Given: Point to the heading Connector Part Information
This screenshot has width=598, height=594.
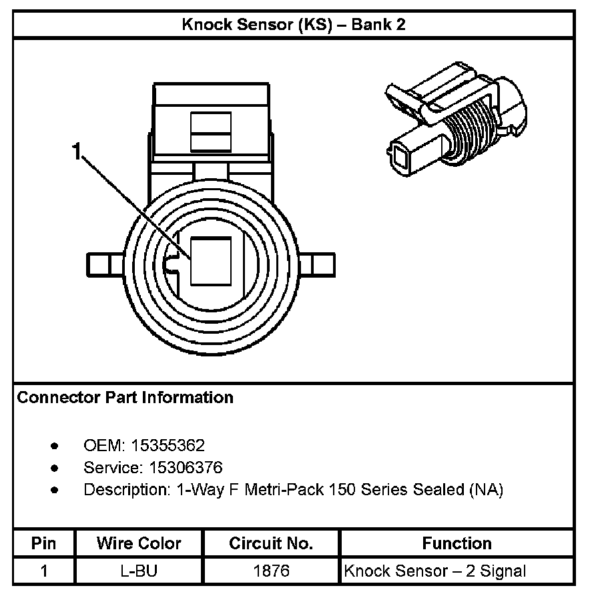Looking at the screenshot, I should [125, 398].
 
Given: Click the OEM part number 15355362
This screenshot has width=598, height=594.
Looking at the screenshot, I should [168, 445].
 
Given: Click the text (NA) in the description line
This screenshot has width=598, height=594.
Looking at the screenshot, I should [486, 489].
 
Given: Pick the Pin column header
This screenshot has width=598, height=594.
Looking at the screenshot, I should [44, 543].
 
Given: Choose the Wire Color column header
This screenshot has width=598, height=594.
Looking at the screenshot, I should [139, 543].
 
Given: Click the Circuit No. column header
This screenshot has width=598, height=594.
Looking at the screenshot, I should [271, 543].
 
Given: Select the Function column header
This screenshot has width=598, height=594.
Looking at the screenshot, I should [457, 543].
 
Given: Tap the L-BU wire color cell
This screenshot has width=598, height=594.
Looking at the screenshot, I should [139, 571].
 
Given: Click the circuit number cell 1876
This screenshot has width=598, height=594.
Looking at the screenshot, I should [271, 571].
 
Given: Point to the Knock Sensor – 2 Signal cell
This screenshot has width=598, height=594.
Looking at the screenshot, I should [435, 571].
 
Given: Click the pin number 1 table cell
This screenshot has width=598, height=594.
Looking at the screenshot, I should [44, 571].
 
